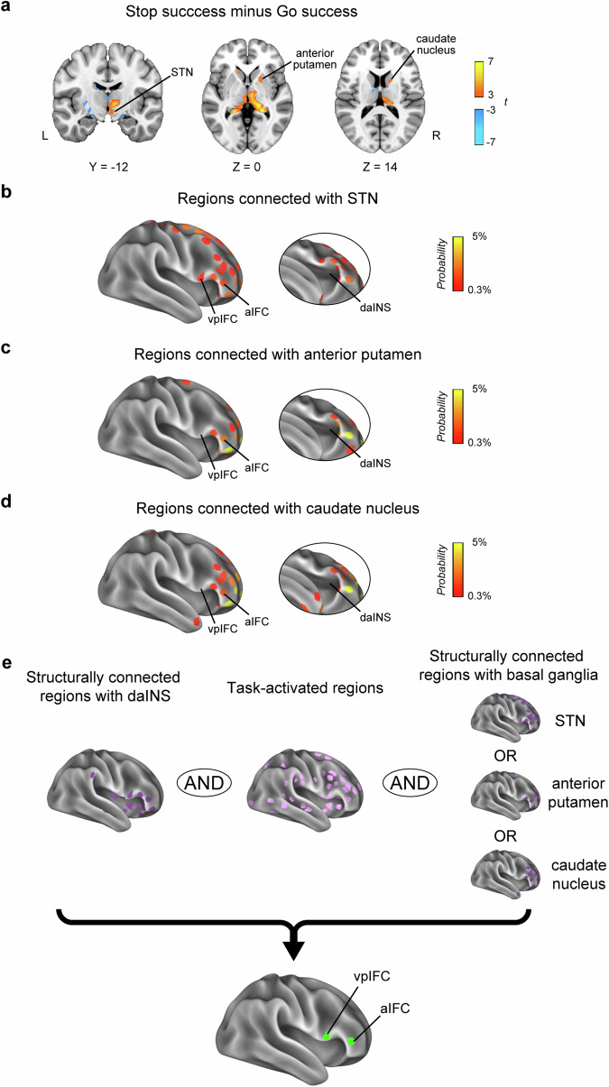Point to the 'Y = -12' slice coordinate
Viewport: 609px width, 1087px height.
point(106,166)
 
